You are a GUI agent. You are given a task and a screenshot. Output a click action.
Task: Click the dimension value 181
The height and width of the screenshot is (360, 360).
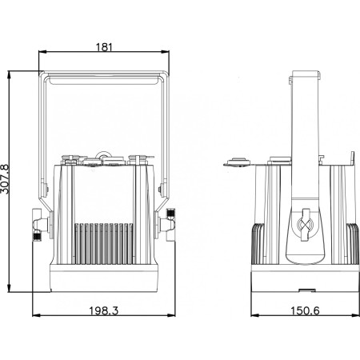(104, 48)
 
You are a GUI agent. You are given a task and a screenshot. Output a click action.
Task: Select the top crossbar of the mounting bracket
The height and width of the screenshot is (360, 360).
(104, 78)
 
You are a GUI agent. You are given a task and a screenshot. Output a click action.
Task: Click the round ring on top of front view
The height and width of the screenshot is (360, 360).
(102, 151)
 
